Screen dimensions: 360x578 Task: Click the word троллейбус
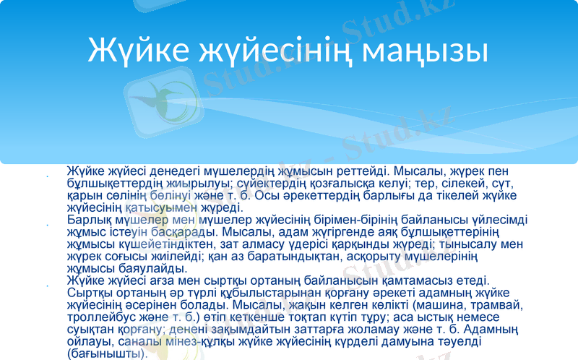click(x=100, y=317)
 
